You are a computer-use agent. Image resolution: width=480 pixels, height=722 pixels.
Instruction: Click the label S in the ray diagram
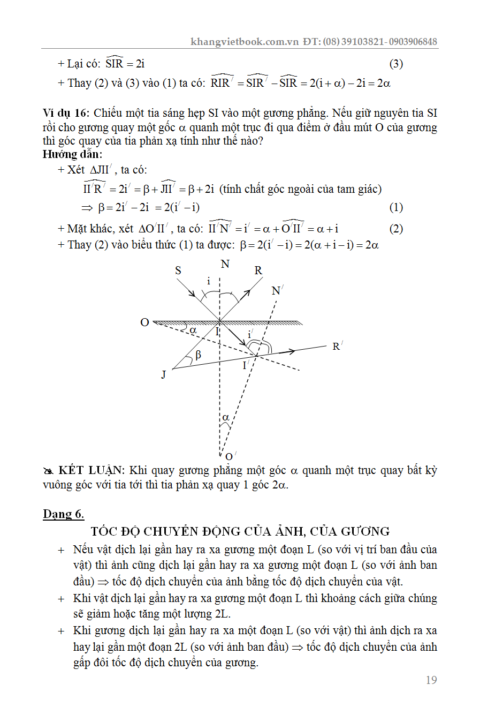(178, 270)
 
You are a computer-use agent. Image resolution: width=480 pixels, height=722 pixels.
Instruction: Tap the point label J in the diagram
(164, 374)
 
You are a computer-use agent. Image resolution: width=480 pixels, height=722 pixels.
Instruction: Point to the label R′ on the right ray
(337, 346)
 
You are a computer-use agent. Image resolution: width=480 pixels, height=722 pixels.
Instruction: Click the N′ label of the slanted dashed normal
(277, 290)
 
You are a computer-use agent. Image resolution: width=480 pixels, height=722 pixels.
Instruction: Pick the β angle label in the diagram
(198, 355)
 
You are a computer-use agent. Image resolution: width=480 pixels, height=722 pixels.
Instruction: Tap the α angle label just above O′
(226, 417)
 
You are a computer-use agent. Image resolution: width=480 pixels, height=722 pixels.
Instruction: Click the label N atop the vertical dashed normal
(225, 264)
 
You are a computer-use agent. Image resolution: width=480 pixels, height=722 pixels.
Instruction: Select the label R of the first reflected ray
(258, 270)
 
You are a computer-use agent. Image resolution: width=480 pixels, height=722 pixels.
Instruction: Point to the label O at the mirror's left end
(144, 322)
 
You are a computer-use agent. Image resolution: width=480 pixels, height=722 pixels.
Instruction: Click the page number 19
(431, 680)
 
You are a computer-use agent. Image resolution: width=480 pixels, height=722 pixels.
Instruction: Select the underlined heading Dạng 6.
(63, 514)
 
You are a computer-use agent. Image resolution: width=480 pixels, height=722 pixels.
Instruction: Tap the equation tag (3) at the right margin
(396, 64)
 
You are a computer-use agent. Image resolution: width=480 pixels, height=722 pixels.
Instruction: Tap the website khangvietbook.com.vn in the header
(244, 42)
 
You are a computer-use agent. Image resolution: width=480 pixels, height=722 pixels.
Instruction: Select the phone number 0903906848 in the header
(413, 42)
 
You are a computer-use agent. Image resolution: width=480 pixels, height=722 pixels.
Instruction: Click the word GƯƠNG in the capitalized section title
(365, 531)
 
